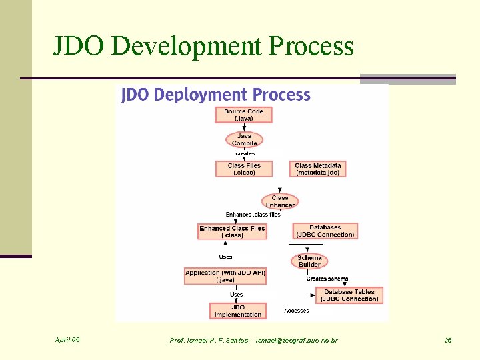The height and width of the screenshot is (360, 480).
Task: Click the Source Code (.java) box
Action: click(243, 115)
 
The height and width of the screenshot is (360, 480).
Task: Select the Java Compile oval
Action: click(245, 139)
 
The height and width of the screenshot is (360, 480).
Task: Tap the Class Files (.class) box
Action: click(244, 169)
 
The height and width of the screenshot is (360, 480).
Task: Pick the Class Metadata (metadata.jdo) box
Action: click(317, 169)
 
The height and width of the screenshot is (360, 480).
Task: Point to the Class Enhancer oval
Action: click(280, 201)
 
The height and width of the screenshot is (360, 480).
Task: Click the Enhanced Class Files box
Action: click(232, 231)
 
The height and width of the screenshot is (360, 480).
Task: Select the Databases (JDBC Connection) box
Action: click(325, 231)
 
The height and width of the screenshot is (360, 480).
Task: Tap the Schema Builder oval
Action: click(309, 261)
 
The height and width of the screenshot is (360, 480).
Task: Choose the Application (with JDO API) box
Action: click(225, 276)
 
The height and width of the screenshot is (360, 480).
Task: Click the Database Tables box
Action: click(349, 295)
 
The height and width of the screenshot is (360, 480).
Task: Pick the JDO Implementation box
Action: click(238, 311)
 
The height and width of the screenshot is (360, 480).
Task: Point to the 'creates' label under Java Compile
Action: click(245, 154)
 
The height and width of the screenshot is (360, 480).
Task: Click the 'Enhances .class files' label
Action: click(253, 215)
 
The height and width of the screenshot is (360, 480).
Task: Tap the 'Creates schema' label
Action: click(327, 279)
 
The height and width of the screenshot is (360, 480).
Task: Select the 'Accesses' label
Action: click(297, 311)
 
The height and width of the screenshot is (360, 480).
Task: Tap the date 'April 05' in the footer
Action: click(67, 340)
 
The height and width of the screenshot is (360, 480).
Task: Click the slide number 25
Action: click(448, 341)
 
